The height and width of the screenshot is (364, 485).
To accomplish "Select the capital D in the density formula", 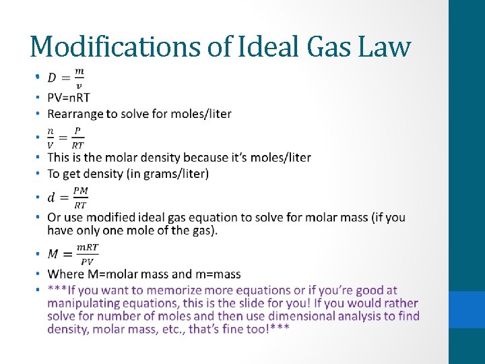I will click(x=52, y=78).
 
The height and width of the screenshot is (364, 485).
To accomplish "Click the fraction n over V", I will click(x=51, y=138).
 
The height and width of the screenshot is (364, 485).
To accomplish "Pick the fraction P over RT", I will click(x=78, y=138).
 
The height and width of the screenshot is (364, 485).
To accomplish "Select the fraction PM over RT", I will click(x=80, y=198).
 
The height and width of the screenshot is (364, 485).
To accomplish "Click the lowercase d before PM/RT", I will click(x=51, y=198).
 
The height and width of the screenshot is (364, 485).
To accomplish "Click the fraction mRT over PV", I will click(x=87, y=254).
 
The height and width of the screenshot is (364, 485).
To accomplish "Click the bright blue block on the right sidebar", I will click(x=467, y=309).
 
